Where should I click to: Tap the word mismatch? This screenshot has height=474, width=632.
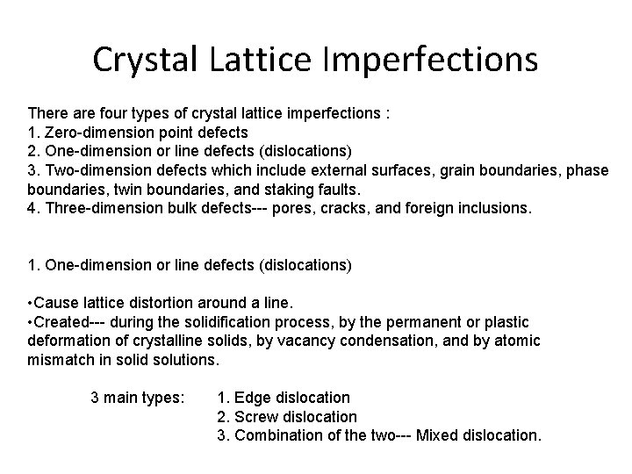point(61,359)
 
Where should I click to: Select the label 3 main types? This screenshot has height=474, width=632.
point(138,397)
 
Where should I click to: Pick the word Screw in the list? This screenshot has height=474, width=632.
point(256,416)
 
